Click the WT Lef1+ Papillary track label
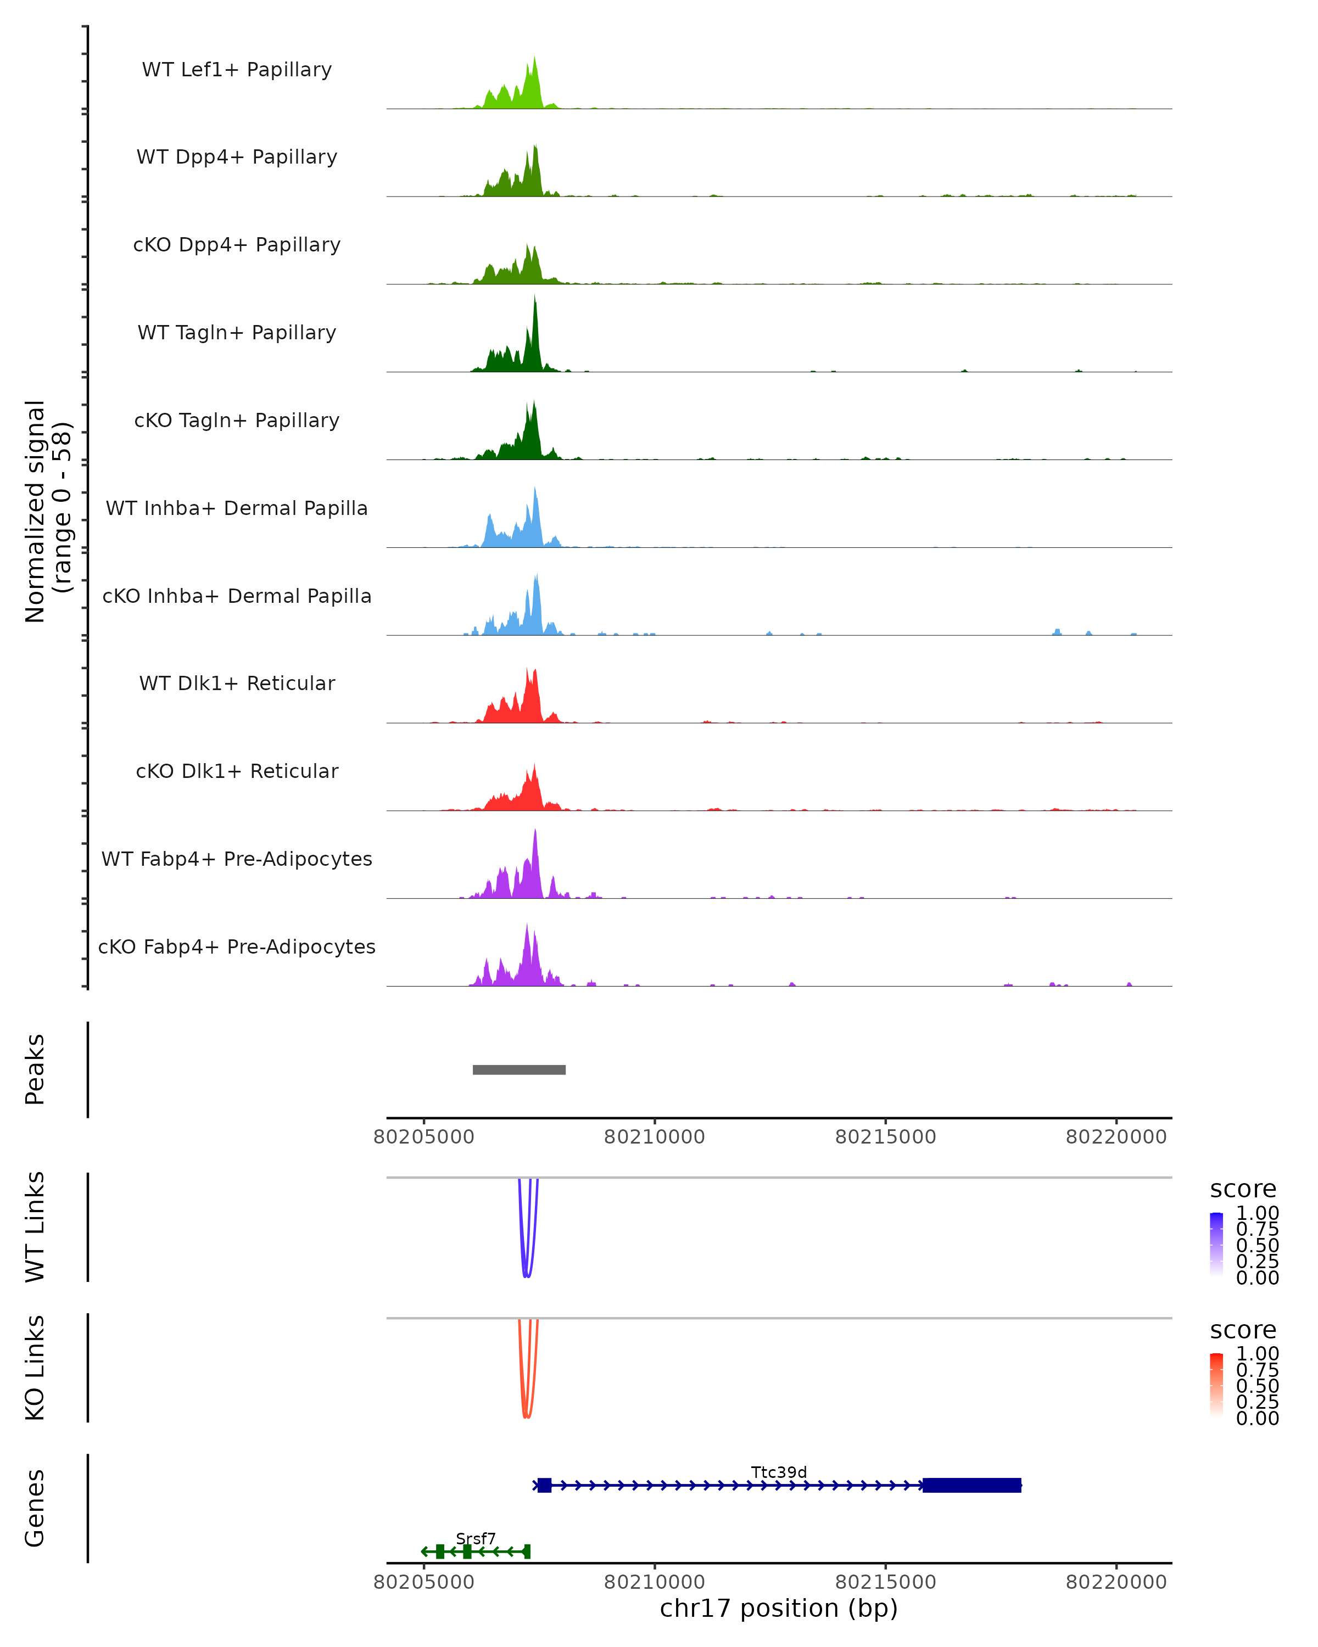click(x=237, y=70)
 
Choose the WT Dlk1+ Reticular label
click(x=237, y=683)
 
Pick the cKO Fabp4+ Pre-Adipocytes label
click(x=237, y=946)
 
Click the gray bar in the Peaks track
click(x=519, y=1069)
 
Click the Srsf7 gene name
click(x=475, y=1538)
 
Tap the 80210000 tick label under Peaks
click(x=654, y=1137)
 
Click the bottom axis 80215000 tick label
click(x=886, y=1582)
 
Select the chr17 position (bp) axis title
click(x=779, y=1608)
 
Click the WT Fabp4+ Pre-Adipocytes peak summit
click(x=535, y=831)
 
